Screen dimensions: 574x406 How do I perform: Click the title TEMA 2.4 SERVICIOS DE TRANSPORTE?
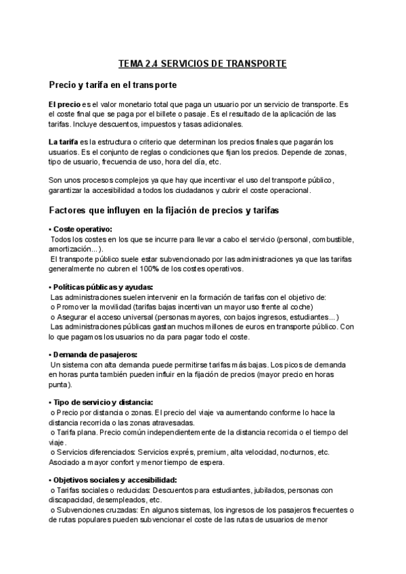pyautogui.click(x=202, y=64)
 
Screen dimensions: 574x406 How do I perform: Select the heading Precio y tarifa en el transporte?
pyautogui.click(x=113, y=85)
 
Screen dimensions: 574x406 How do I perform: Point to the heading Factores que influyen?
pyautogui.click(x=164, y=211)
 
